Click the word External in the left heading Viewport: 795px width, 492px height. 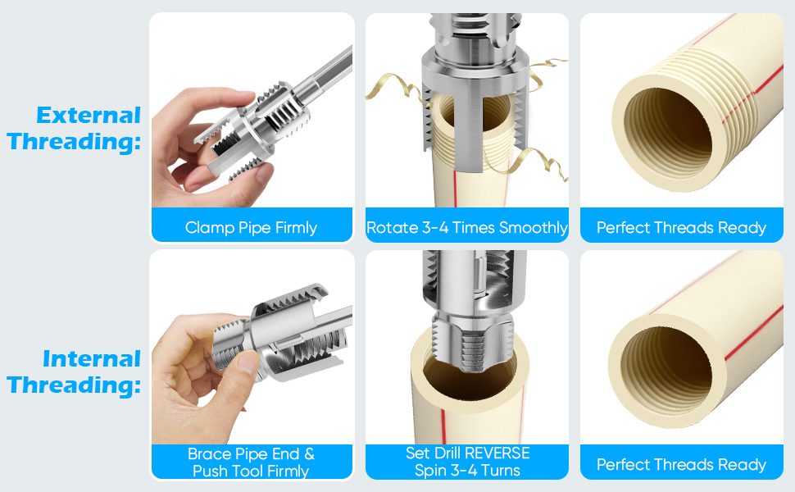point(89,115)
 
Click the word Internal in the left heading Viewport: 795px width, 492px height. point(92,358)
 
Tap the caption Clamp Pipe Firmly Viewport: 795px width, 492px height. point(251,227)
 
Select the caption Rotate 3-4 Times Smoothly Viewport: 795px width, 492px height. point(466,227)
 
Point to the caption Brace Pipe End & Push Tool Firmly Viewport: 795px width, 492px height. point(251,462)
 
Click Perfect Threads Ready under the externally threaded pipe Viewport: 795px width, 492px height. point(681,227)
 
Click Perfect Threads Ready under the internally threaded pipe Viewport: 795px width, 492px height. point(681,465)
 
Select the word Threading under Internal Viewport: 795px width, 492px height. point(74,385)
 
